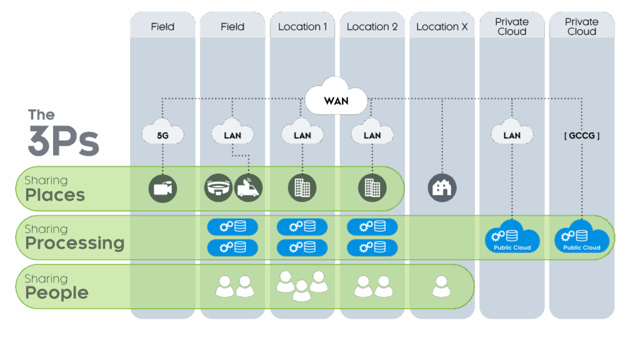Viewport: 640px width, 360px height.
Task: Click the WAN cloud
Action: click(336, 96)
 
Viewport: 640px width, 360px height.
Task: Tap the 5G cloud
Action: click(162, 131)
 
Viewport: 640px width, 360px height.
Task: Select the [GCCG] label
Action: click(582, 136)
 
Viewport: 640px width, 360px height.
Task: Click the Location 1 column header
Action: click(302, 27)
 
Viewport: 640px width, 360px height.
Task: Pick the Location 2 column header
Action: click(372, 27)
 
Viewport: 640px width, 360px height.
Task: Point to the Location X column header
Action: click(442, 27)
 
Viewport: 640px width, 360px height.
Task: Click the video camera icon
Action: click(162, 188)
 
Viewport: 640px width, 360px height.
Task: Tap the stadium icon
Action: click(218, 187)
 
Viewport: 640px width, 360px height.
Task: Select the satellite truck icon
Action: click(248, 187)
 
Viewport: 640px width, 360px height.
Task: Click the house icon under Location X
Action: click(442, 187)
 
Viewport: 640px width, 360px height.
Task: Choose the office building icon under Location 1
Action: click(302, 187)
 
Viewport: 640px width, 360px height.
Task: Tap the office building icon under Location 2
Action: click(372, 187)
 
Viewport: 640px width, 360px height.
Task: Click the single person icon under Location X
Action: click(442, 286)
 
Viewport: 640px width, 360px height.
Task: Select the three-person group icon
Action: click(302, 286)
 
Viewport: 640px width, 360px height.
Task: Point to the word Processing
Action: click(75, 243)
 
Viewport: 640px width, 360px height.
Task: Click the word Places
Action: click(55, 195)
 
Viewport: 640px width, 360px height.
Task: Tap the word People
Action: click(57, 293)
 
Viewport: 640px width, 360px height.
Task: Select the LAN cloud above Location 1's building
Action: click(302, 131)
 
